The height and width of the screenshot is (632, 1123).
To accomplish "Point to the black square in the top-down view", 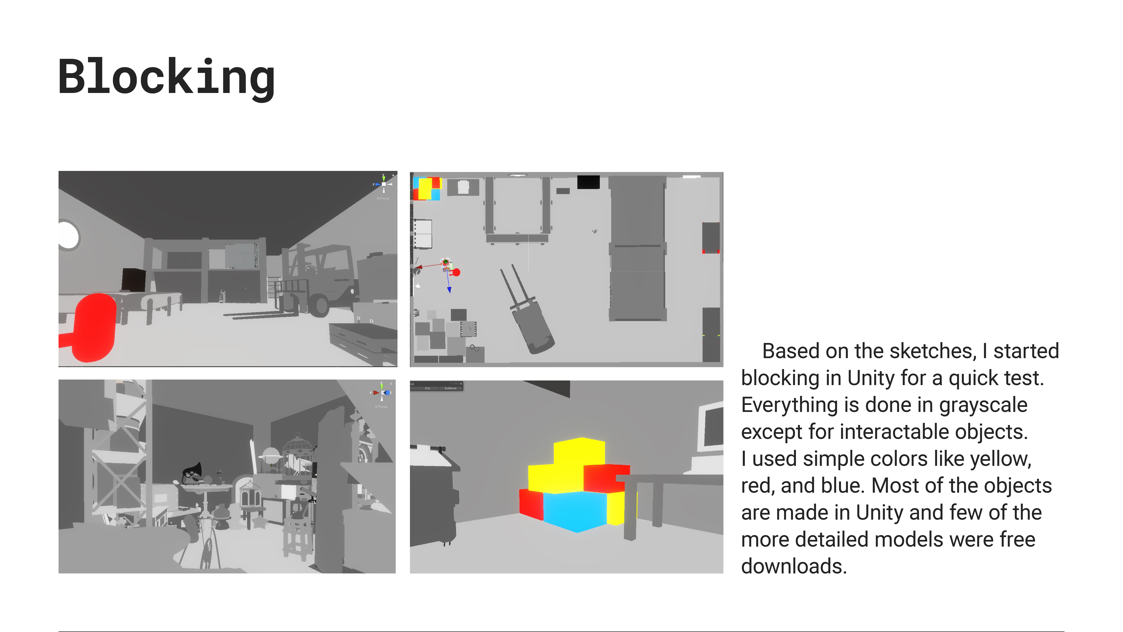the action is (588, 182).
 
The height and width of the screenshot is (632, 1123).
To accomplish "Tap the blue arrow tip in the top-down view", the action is (449, 290).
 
